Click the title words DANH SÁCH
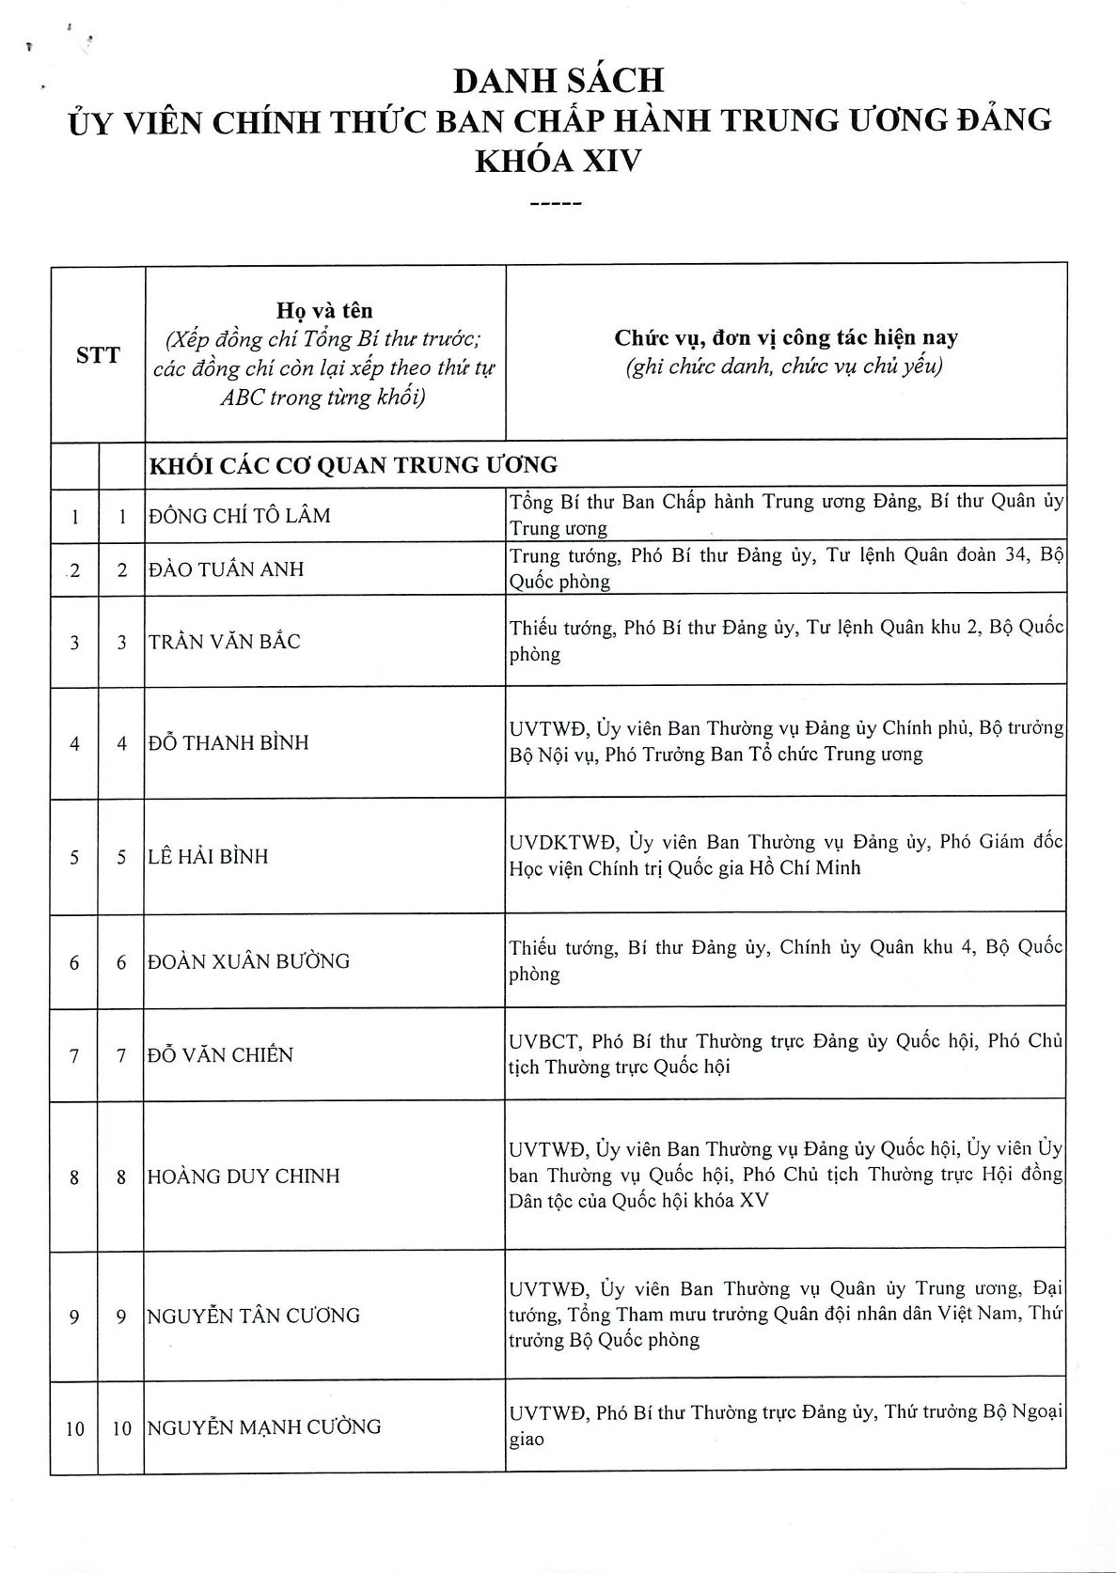click(x=558, y=81)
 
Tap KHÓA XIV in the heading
click(x=558, y=161)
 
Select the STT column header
click(x=98, y=355)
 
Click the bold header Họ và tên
click(x=324, y=310)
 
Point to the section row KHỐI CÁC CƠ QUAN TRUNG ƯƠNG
click(x=354, y=465)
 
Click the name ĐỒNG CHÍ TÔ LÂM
click(x=240, y=515)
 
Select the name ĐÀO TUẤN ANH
click(x=226, y=568)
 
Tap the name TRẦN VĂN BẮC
click(x=225, y=642)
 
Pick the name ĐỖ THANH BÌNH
click(x=228, y=742)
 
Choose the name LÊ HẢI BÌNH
click(x=209, y=856)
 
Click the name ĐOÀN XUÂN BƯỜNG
click(x=249, y=961)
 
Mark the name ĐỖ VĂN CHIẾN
click(x=221, y=1054)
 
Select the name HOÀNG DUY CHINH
click(x=244, y=1176)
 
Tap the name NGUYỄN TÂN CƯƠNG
click(x=254, y=1316)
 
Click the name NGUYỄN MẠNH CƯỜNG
click(x=264, y=1427)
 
